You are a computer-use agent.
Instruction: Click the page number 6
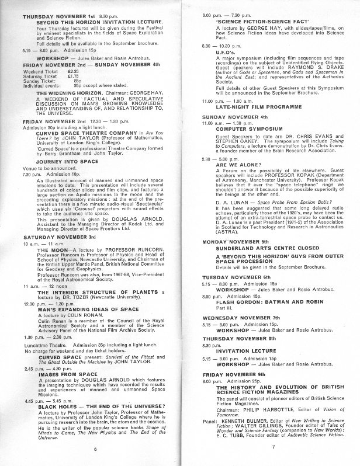[x=95, y=450]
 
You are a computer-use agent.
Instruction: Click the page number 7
[x=272, y=447]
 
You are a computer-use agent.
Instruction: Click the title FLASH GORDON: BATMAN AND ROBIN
[x=261, y=302]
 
